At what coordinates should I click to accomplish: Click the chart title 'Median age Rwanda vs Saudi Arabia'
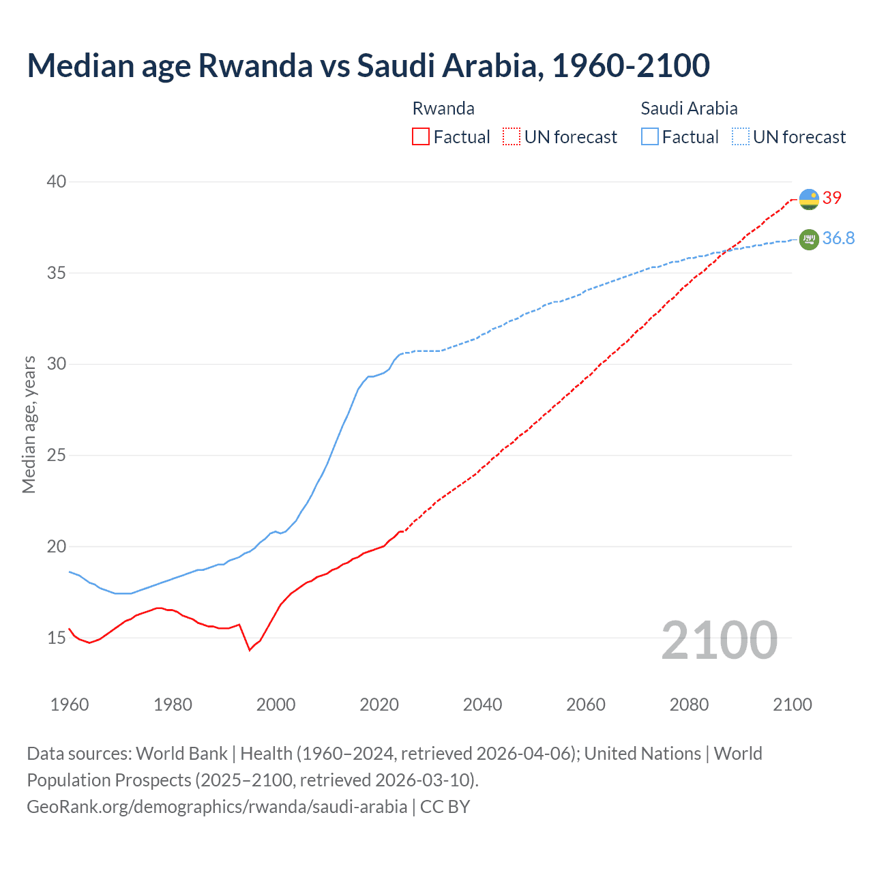[368, 65]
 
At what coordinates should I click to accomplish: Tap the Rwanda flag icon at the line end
[809, 199]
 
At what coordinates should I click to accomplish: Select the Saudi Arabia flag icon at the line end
[809, 239]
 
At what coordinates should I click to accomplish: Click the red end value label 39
[832, 198]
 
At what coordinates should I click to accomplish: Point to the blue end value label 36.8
[838, 238]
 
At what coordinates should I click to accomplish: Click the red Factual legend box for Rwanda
[421, 137]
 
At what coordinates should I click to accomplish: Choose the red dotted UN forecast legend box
[512, 137]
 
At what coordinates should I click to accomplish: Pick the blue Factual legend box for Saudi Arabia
[650, 137]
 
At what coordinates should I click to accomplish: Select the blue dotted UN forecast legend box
[741, 137]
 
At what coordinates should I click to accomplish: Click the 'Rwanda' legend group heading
[443, 108]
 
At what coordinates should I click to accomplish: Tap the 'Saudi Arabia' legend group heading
[689, 108]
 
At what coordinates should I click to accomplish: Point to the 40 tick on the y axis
[57, 181]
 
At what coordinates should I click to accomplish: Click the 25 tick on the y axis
[57, 455]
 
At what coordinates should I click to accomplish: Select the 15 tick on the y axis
[57, 638]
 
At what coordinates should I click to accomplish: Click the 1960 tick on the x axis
[70, 705]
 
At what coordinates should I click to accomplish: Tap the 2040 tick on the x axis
[482, 705]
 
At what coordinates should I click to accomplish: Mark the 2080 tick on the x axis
[689, 705]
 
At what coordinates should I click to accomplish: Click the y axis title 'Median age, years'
[29, 424]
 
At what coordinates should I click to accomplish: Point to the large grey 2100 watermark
[719, 640]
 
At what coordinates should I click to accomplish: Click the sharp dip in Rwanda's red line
[250, 650]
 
